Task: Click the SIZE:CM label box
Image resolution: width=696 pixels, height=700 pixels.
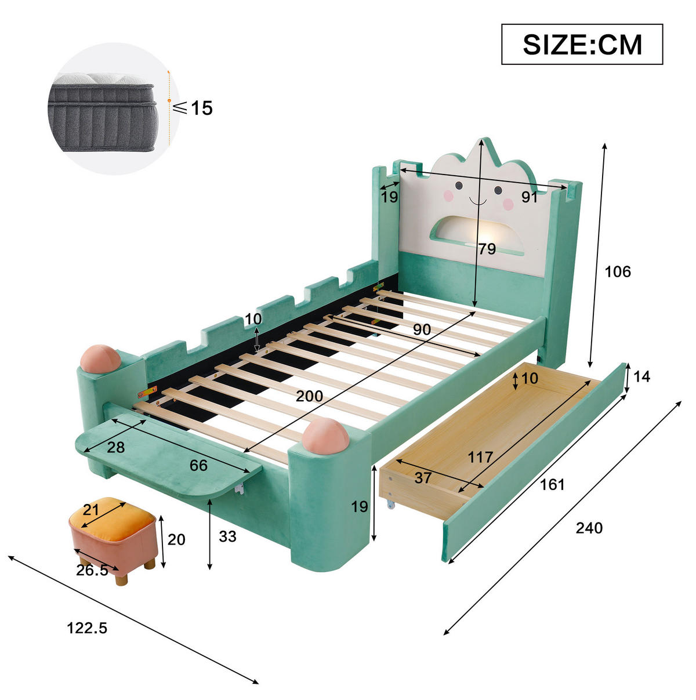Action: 582,44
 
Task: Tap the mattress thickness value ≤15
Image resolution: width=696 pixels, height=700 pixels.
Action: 193,108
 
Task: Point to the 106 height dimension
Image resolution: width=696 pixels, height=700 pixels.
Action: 618,272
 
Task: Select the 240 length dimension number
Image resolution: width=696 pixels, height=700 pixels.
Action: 589,528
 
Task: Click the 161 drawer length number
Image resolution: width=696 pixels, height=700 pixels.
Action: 552,485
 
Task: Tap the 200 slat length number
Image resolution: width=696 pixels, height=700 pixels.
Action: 309,396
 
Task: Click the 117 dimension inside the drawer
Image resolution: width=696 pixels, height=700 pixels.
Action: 480,458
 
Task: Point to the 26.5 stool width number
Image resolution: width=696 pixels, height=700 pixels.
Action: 92,570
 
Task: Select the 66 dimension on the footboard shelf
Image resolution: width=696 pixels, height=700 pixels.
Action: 198,465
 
